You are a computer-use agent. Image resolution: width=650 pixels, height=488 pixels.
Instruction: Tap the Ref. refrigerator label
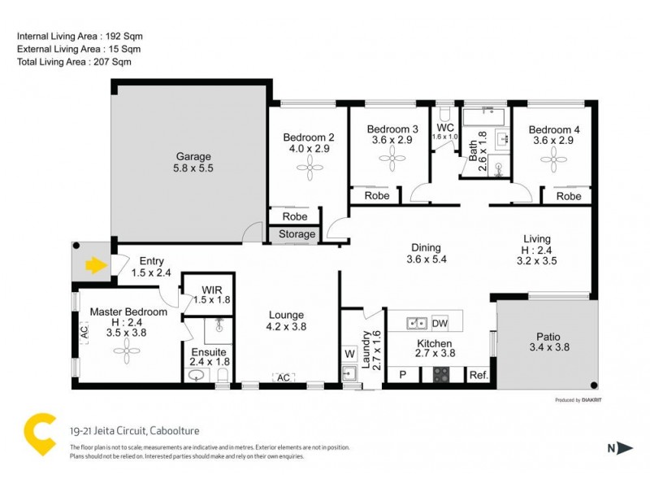coord(479,375)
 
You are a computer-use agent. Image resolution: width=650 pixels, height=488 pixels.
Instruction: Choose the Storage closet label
coord(297,234)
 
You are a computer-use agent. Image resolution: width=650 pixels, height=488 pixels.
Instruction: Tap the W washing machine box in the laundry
coord(350,354)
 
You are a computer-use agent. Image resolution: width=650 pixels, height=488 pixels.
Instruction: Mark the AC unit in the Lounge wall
coord(284,378)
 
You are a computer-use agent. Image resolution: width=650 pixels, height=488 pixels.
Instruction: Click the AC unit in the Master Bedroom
coord(83,332)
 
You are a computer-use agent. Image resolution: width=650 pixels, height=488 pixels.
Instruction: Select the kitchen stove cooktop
coord(441,375)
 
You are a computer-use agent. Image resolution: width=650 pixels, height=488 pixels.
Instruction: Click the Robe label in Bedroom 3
coord(377,196)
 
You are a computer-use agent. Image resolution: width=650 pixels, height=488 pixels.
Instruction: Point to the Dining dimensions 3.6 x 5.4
coord(426,260)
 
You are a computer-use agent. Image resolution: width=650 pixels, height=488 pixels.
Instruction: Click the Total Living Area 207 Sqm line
coord(75,62)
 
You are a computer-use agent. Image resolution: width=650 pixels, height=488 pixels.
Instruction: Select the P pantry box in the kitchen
coord(402,375)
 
